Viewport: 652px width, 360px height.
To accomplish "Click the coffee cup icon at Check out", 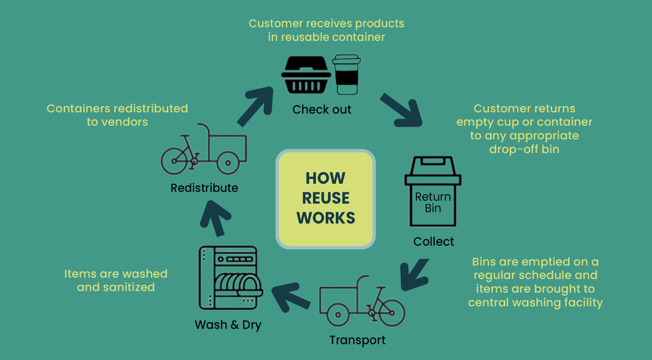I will (346, 75).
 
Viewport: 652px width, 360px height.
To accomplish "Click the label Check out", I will (321, 110).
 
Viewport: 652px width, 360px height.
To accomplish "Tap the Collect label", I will (434, 241).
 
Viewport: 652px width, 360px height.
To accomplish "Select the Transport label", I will (357, 340).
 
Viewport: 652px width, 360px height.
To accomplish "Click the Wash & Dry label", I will (228, 324).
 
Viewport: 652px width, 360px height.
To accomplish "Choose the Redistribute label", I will (204, 188).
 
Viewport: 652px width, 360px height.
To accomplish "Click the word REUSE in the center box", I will (326, 198).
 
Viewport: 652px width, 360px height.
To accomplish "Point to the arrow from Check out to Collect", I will (400, 110).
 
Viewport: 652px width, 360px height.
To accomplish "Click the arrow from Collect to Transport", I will (414, 274).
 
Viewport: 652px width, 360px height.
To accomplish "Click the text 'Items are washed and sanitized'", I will (115, 280).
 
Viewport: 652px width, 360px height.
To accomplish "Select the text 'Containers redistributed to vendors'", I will (117, 115).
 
